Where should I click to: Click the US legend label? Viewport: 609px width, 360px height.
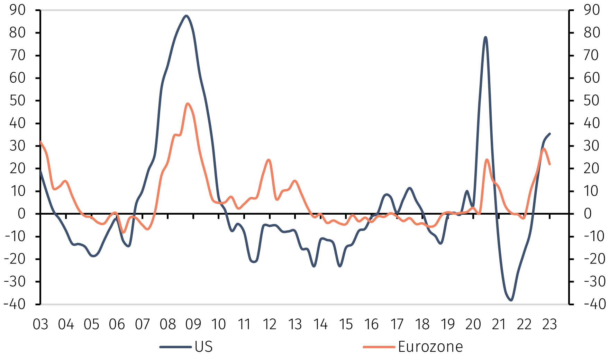tap(203, 346)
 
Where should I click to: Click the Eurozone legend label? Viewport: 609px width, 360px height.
tap(430, 346)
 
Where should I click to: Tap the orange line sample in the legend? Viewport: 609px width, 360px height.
tap(379, 346)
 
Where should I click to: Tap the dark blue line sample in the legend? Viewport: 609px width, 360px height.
tap(175, 346)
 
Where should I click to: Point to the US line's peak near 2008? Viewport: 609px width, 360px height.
tap(186, 16)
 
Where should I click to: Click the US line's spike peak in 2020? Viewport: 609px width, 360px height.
tap(485, 37)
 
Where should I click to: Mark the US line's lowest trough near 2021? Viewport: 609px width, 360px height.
tap(511, 300)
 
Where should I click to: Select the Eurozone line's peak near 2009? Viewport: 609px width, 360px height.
tap(188, 103)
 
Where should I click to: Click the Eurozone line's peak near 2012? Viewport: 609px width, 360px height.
tap(269, 160)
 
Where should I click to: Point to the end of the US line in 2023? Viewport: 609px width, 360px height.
tap(550, 134)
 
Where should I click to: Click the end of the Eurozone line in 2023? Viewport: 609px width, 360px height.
tap(550, 164)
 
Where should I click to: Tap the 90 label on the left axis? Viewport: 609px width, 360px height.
tap(17, 10)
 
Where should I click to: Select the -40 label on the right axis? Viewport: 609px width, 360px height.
tap(594, 304)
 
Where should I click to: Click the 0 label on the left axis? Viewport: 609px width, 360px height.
tap(21, 214)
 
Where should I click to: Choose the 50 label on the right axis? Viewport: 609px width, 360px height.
tap(592, 101)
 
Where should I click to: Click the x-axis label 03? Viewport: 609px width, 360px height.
tap(40, 325)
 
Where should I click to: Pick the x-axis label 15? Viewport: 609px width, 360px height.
tap(346, 325)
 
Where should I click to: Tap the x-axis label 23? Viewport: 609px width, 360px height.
tap(549, 325)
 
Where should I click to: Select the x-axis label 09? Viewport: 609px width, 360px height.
tap(193, 325)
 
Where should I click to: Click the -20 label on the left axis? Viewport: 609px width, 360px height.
tap(15, 259)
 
